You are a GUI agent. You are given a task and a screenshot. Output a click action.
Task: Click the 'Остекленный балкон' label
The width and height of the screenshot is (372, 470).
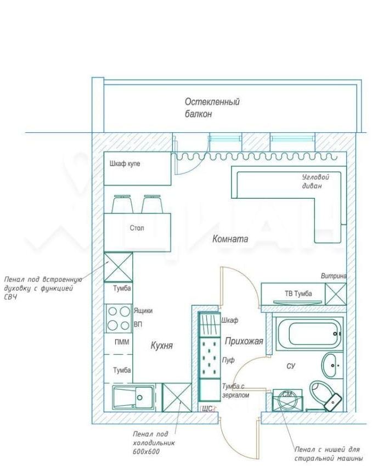pos(212,108)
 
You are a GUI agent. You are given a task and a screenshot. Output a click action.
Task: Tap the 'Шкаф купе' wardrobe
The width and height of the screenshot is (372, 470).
pos(138,169)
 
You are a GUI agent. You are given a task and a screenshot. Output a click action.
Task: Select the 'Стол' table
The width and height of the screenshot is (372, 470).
pos(137,233)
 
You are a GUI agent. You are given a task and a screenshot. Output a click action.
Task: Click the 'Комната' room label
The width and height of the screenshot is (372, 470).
pos(230,239)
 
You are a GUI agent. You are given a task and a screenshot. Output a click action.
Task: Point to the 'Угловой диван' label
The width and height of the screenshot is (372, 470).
pos(315,181)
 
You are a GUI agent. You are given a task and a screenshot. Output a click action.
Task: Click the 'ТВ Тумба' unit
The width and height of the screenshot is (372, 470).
pos(293,294)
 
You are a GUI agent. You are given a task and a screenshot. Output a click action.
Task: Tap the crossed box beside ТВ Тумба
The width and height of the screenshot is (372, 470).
pos(336,294)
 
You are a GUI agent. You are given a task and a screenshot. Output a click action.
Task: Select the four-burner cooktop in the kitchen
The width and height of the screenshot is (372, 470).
pos(119,318)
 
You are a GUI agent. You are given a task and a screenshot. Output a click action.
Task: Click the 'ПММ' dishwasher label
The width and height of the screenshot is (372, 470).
pos(122,342)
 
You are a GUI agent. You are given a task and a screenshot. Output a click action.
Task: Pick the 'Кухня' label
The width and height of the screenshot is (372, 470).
pos(162,345)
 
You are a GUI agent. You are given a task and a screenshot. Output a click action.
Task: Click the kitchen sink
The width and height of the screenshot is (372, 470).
pos(133,398)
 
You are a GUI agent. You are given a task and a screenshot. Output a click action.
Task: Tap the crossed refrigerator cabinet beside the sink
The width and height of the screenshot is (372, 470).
pos(177,398)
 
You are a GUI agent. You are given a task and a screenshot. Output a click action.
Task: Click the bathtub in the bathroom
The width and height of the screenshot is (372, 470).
pos(309,333)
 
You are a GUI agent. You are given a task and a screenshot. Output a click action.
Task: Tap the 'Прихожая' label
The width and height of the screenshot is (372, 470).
pos(244,341)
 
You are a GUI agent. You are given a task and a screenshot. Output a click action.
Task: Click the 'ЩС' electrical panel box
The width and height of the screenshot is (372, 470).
pos(207,409)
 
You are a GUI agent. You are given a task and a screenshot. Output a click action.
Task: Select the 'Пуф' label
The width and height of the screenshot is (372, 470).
pos(228,360)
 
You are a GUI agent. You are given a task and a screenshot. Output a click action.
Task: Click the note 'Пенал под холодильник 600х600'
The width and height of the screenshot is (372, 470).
pos(154,443)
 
